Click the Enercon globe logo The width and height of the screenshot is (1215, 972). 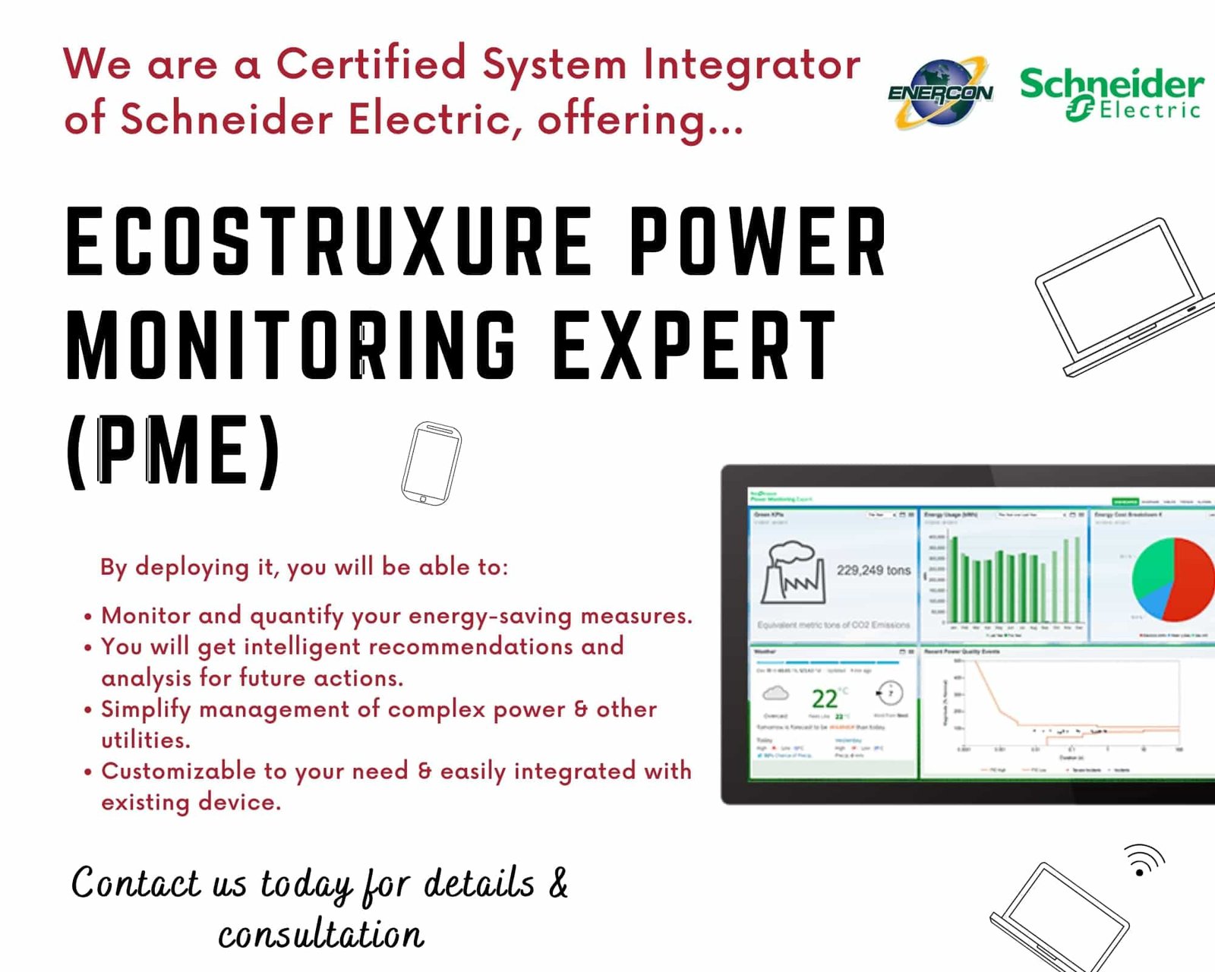point(940,93)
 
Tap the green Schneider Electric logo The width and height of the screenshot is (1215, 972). point(1111,93)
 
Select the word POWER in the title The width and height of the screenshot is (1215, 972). point(758,241)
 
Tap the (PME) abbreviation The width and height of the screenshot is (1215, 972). point(174,450)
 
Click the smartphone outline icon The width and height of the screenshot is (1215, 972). point(431,463)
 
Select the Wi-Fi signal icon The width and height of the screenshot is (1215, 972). point(1144,860)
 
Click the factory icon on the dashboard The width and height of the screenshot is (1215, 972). point(793,573)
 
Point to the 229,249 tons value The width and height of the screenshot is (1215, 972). point(873,570)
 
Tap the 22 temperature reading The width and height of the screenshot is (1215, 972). point(825,698)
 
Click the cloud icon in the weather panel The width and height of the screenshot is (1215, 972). point(775,693)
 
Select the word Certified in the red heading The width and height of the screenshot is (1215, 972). point(371,64)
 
